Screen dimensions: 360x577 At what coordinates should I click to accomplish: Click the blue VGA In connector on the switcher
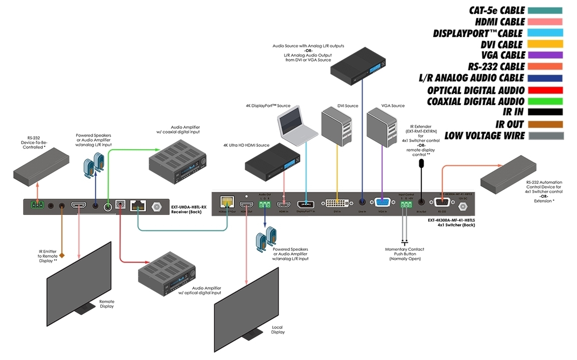point(382,202)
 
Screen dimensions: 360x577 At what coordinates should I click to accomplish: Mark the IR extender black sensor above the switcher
point(421,163)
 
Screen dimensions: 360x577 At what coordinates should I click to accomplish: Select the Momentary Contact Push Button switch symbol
point(405,243)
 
